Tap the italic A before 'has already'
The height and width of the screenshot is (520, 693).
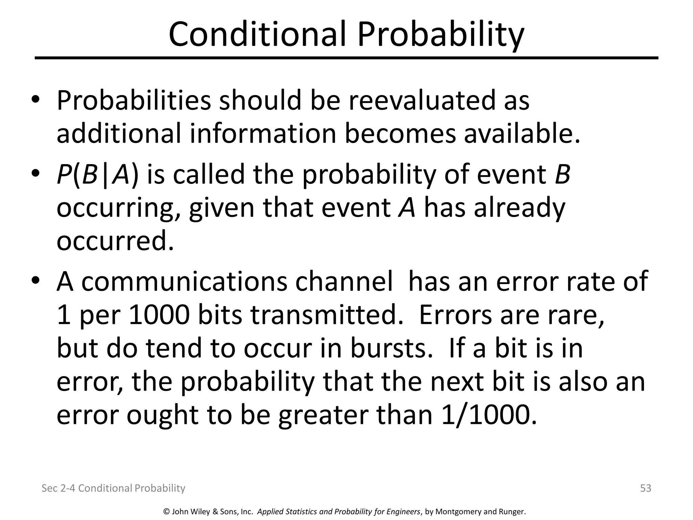click(x=407, y=208)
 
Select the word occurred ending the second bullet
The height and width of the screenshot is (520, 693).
click(x=115, y=241)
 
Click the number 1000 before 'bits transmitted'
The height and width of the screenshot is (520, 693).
click(x=159, y=315)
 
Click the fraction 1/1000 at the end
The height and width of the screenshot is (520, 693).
click(x=489, y=415)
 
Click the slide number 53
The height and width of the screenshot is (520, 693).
click(x=646, y=488)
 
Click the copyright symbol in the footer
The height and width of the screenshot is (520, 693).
click(x=166, y=512)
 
